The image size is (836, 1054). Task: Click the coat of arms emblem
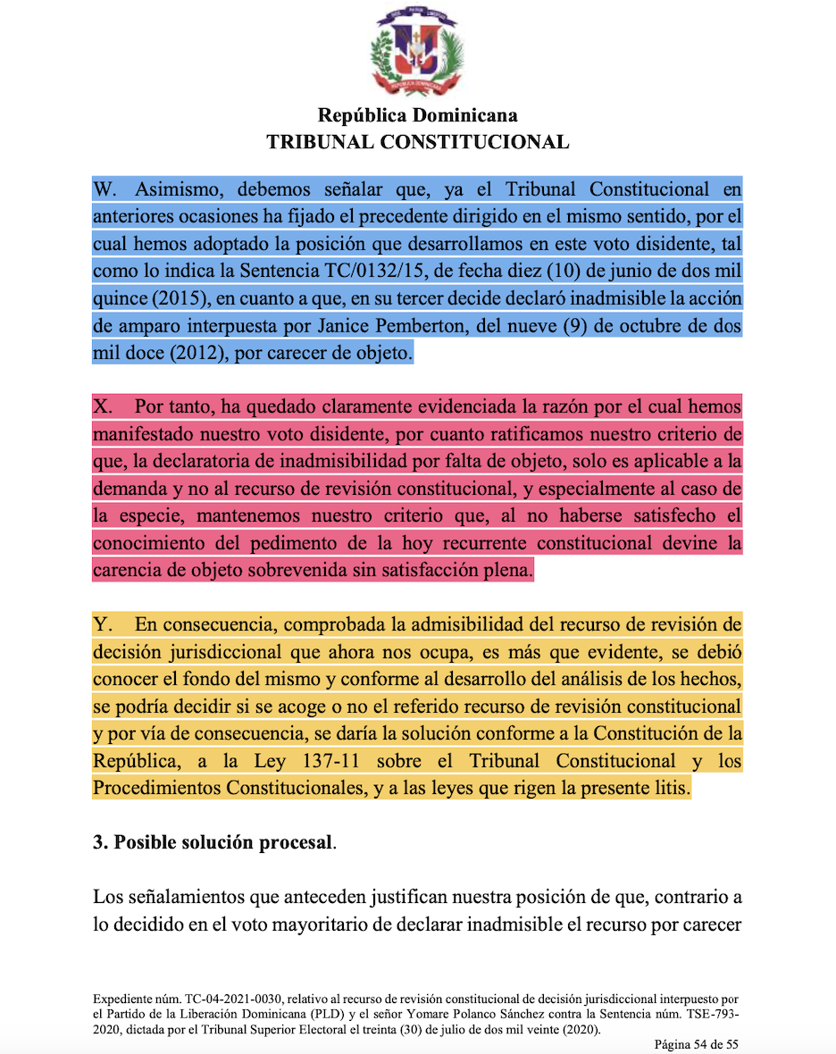click(x=417, y=55)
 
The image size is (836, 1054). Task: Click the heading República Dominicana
click(x=417, y=115)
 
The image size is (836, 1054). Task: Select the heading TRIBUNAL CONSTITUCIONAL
click(x=417, y=142)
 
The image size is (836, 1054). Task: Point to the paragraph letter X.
click(x=102, y=407)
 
